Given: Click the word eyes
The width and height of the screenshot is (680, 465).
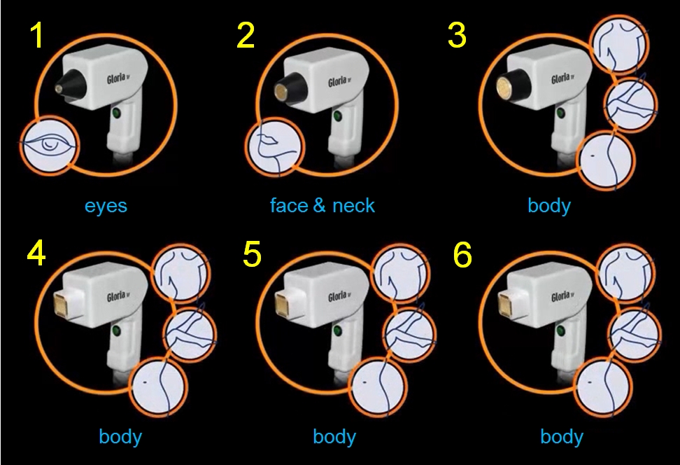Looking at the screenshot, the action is pyautogui.click(x=106, y=205).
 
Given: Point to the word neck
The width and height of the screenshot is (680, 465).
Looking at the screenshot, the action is pyautogui.click(x=353, y=205).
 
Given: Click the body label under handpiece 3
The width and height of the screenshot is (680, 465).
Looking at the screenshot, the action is pyautogui.click(x=549, y=205).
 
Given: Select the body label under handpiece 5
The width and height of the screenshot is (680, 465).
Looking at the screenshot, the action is pyautogui.click(x=334, y=437).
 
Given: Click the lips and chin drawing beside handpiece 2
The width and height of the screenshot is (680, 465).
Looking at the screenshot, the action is pyautogui.click(x=275, y=148).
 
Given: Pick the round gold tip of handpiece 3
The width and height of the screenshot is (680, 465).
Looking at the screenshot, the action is pyautogui.click(x=505, y=85).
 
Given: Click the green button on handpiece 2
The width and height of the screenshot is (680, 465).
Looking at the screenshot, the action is pyautogui.click(x=337, y=116).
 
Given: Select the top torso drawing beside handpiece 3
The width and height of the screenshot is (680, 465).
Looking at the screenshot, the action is pyautogui.click(x=620, y=43).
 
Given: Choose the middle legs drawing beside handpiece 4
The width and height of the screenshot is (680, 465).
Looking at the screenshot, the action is pyautogui.click(x=190, y=334).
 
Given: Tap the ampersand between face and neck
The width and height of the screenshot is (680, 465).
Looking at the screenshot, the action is pyautogui.click(x=319, y=205).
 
